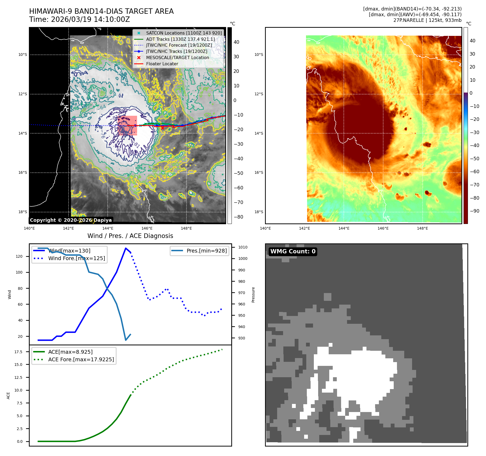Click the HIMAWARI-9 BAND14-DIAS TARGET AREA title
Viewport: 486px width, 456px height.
click(x=101, y=11)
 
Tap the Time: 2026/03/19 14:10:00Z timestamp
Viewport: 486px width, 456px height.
click(x=80, y=19)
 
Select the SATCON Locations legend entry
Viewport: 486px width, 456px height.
click(x=184, y=33)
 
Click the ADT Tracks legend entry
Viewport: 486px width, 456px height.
click(x=180, y=39)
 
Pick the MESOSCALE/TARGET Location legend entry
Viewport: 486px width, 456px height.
click(x=177, y=57)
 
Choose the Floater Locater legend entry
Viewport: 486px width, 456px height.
click(x=162, y=64)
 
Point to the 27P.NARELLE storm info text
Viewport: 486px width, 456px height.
click(x=427, y=20)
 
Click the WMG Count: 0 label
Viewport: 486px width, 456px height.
click(x=293, y=251)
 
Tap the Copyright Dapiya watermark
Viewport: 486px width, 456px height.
click(x=71, y=220)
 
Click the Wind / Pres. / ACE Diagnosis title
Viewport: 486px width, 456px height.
click(x=130, y=236)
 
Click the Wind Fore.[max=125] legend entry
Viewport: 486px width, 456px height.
click(x=77, y=258)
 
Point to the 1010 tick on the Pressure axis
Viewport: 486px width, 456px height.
click(x=243, y=247)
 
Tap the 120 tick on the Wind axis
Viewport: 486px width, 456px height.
click(x=19, y=256)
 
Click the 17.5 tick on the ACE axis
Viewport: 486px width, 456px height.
click(x=18, y=352)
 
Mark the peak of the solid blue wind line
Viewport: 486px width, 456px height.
click(x=126, y=248)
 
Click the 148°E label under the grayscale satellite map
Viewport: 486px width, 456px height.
click(x=186, y=228)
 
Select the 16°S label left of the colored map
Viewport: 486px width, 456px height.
click(x=259, y=172)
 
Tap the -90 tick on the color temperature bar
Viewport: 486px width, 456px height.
click(x=474, y=211)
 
